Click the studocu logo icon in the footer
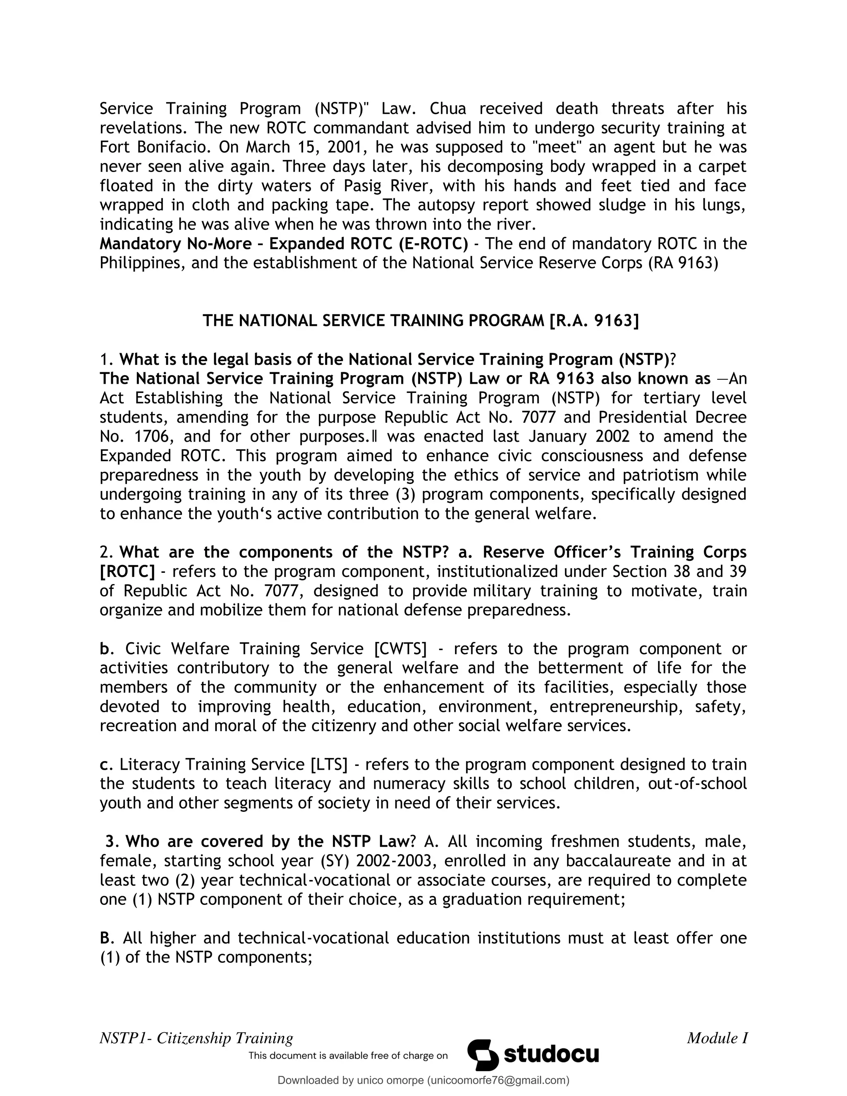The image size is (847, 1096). pyautogui.click(x=483, y=1054)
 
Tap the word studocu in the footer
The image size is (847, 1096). pyautogui.click(x=551, y=1054)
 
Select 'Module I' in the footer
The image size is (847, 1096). pyautogui.click(x=717, y=1037)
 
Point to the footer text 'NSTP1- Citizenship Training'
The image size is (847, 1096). pyautogui.click(x=196, y=1037)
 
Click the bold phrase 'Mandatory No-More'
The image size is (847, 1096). pyautogui.click(x=176, y=244)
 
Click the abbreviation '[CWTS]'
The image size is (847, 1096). pyautogui.click(x=400, y=649)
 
